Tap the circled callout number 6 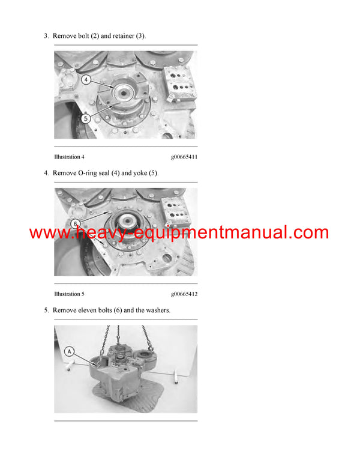pos(76,223)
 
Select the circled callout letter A pos(70,351)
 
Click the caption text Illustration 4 pos(69,157)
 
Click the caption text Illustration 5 pos(69,294)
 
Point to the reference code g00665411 pos(184,157)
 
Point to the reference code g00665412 pos(184,294)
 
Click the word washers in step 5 pos(157,310)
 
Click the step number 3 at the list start pos(46,36)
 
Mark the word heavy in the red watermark pos(104,233)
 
